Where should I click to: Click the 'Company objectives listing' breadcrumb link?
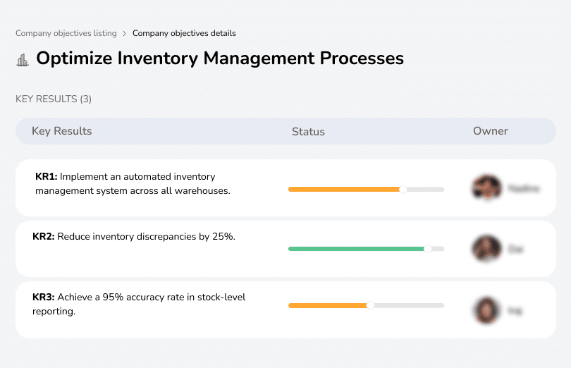point(67,33)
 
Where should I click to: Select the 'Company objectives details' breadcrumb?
point(184,33)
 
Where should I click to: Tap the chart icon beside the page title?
point(23,60)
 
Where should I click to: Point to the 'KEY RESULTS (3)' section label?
point(54,99)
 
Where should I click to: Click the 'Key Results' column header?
point(61,131)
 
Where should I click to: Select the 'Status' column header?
point(308,132)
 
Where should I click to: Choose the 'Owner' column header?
point(490,131)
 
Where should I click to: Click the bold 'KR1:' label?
point(46,177)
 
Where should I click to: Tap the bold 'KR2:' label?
point(44,237)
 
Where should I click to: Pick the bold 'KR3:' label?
point(44,298)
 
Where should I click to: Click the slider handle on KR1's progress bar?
point(403,189)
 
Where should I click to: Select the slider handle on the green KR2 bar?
point(427,249)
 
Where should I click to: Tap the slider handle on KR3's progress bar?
point(370,305)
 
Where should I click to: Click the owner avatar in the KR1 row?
point(486,188)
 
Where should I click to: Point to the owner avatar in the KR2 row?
point(486,249)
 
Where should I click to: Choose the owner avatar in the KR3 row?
point(486,309)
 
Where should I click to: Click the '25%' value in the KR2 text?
point(223,237)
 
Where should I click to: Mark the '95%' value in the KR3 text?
point(114,298)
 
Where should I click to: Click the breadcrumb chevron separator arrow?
point(125,33)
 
